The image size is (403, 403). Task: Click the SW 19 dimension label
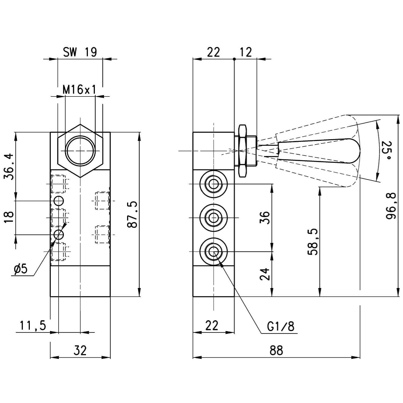[x=80, y=52]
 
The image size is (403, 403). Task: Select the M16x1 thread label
[x=79, y=90]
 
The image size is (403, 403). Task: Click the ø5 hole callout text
[x=20, y=269]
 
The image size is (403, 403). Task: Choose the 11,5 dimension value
[x=33, y=326]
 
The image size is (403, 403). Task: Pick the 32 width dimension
[x=80, y=351]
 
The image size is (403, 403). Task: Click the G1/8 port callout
[x=281, y=326]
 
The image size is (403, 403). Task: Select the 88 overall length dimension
[x=276, y=351]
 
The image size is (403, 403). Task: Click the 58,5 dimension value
[x=313, y=242]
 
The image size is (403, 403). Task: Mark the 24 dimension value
[x=265, y=274]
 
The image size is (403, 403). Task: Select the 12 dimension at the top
[x=246, y=52]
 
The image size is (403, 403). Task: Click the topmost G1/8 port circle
[x=214, y=184]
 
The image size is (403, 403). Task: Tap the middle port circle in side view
[x=214, y=218]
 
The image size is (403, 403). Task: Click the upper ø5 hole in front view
[x=58, y=200]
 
